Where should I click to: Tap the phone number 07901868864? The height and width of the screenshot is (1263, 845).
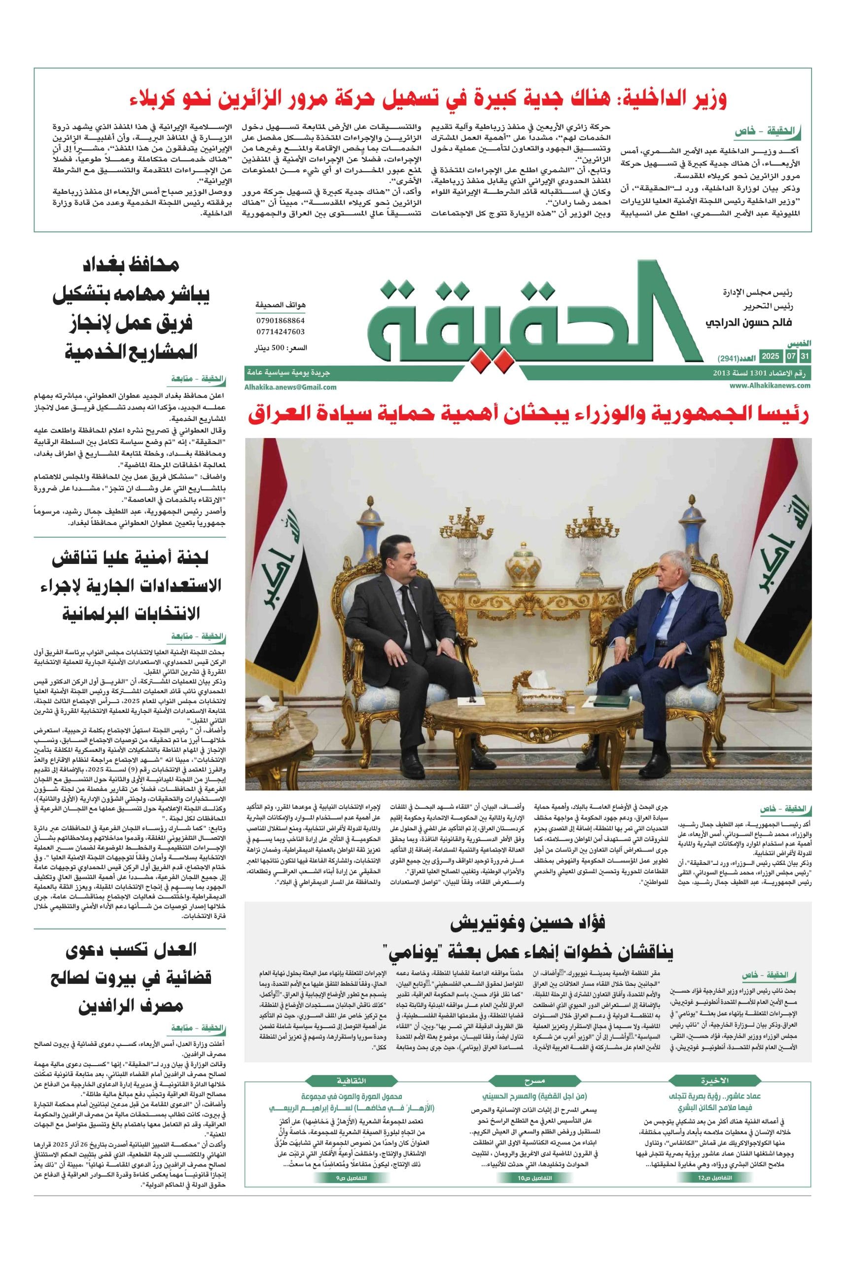[280, 321]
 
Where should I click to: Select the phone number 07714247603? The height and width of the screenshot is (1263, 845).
[280, 332]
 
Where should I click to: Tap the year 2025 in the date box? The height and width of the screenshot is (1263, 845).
[771, 357]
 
